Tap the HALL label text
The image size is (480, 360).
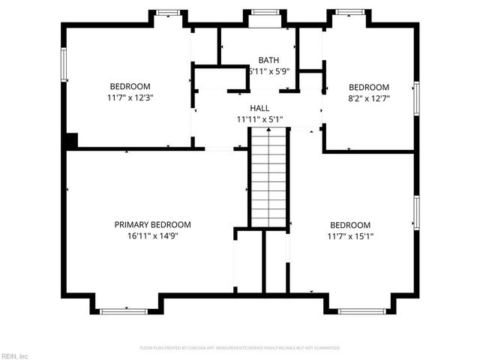259,109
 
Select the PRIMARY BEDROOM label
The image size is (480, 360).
152,224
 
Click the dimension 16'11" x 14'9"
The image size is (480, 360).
152,235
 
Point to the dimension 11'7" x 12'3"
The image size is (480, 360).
130,97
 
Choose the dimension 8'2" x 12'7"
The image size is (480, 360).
368,97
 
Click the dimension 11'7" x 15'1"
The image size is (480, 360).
350,236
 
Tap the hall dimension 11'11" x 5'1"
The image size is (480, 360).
259,119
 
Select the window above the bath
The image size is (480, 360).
264,12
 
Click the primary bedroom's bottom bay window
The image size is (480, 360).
124,310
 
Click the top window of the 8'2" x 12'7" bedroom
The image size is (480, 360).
348,12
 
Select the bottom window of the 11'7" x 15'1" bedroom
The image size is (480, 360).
361,310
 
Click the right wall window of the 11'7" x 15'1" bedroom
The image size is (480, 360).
416,212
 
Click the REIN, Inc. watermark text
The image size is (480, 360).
15,355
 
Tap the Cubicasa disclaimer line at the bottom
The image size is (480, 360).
240,348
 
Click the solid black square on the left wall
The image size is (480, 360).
71,140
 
